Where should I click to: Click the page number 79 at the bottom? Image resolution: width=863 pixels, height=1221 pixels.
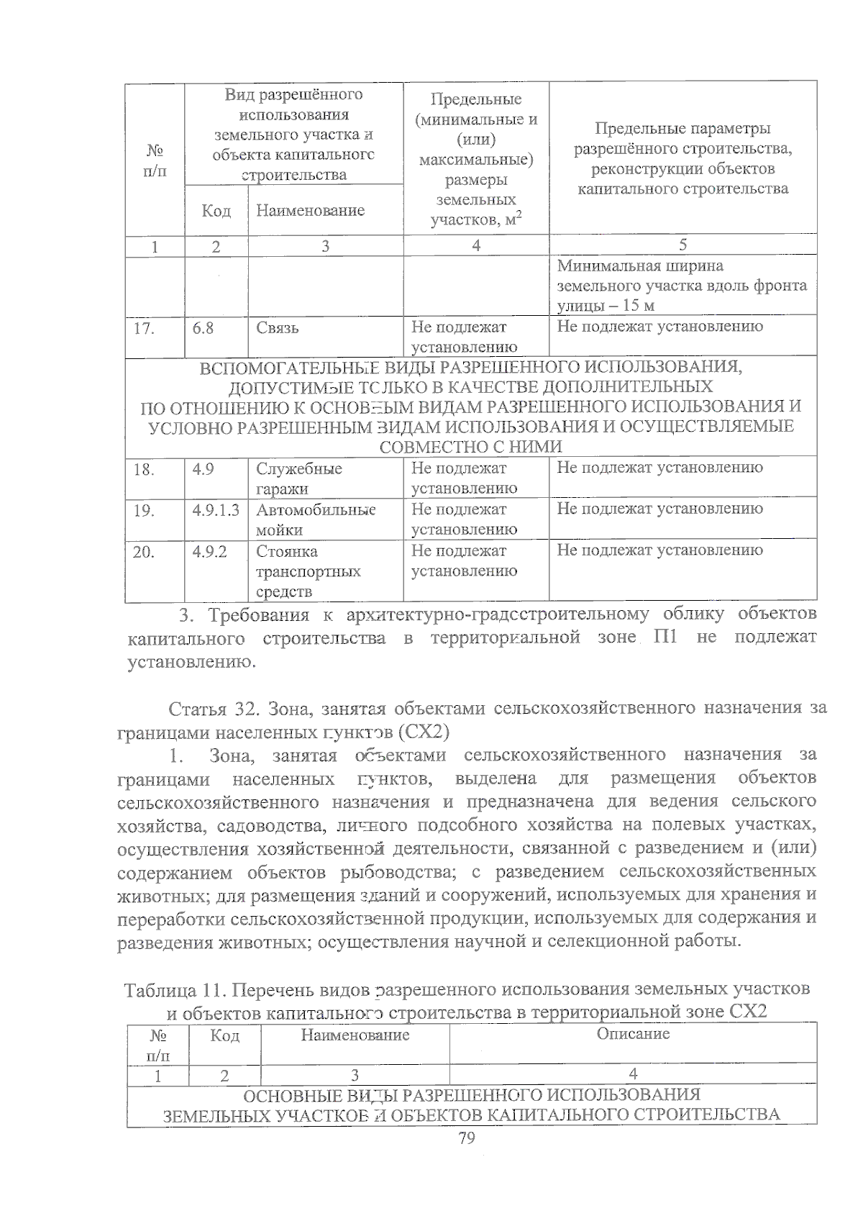tap(467, 1138)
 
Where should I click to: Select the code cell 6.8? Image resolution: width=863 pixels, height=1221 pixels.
tap(203, 328)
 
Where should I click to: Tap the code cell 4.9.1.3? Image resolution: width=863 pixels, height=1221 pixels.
tap(216, 510)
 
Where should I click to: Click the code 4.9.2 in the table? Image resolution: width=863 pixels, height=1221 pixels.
tap(209, 552)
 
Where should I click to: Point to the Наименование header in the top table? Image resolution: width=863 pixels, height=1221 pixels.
tap(310, 211)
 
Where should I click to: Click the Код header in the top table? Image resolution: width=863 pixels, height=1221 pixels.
tap(216, 211)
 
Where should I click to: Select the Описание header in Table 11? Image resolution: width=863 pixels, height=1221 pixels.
tap(633, 1034)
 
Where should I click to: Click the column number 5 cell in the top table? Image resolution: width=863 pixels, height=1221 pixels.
tap(682, 245)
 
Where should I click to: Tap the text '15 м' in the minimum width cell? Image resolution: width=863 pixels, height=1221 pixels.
tap(638, 306)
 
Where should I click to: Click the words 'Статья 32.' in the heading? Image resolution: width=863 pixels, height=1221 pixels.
tap(208, 709)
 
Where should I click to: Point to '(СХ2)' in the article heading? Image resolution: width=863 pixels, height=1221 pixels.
tap(424, 732)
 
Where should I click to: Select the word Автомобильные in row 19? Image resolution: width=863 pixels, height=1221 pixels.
tap(316, 510)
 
